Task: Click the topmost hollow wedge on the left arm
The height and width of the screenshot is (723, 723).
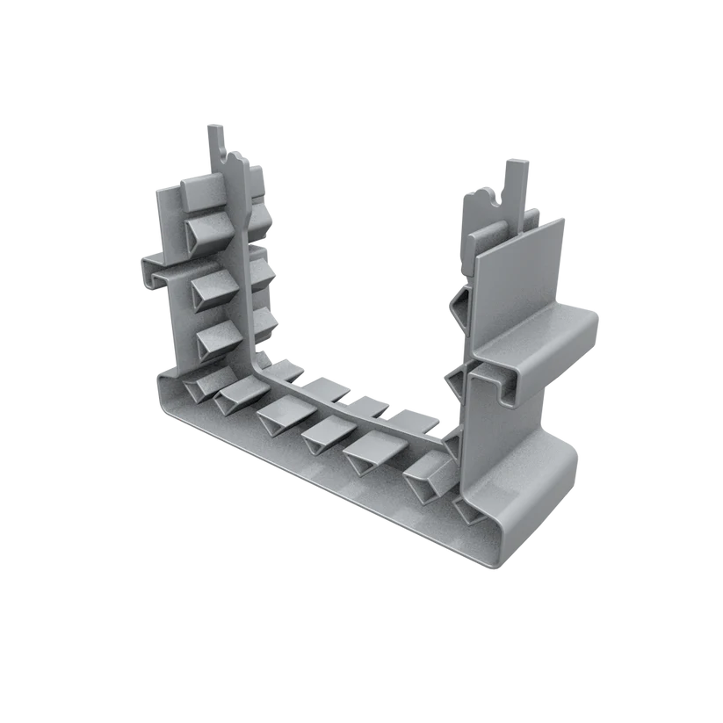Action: pos(208,232)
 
